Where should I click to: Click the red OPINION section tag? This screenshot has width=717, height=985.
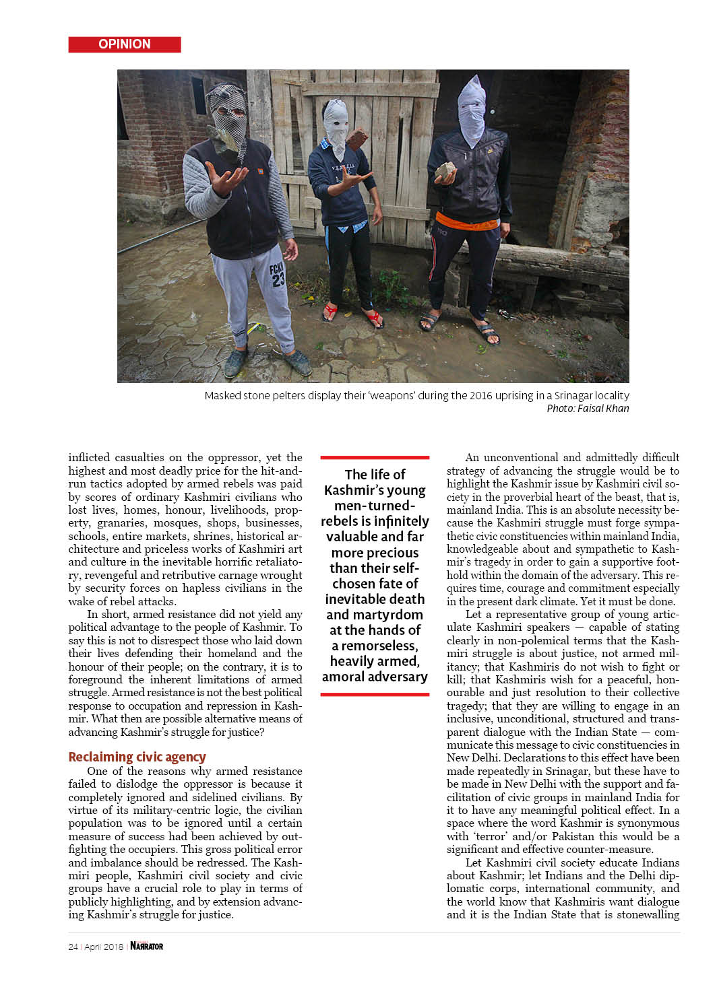pos(125,44)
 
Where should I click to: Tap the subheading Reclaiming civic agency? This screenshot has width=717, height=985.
pos(137,757)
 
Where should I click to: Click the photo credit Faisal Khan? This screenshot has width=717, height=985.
pos(602,409)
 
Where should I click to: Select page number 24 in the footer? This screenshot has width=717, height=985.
pos(73,947)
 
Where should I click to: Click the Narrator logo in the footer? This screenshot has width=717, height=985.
pos(147,946)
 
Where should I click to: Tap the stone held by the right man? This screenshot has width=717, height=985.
pos(444,171)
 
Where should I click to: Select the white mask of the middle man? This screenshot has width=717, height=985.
pos(336,124)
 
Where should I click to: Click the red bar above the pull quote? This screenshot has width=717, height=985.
pos(375,457)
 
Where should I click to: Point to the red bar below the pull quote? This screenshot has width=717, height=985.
pos(375,694)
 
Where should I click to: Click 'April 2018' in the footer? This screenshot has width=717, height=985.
pos(104,947)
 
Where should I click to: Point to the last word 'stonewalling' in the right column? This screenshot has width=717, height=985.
pos(647,914)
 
